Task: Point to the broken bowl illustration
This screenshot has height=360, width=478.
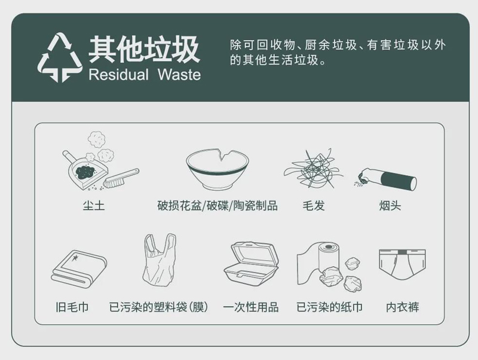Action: (x=217, y=168)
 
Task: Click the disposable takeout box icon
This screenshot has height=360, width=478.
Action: (x=252, y=263)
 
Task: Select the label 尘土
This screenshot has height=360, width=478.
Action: (x=94, y=206)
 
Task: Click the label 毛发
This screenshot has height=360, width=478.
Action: (x=314, y=206)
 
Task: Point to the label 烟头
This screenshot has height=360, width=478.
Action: (x=390, y=206)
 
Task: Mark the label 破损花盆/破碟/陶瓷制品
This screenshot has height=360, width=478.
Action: (x=217, y=206)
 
